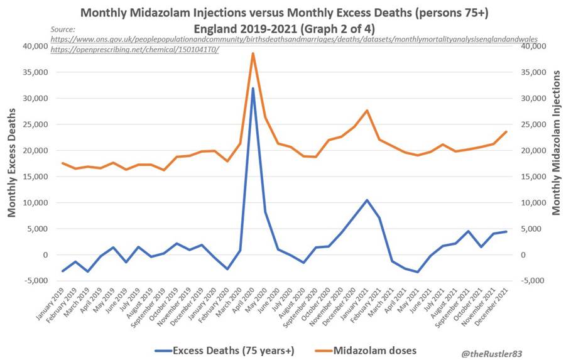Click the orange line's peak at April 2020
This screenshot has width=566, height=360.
pyautogui.click(x=253, y=53)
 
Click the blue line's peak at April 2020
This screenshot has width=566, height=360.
pyautogui.click(x=253, y=88)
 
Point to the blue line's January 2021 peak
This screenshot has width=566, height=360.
pyautogui.click(x=367, y=200)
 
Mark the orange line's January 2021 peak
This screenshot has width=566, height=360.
pyautogui.click(x=367, y=111)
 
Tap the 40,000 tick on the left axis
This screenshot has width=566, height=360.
pyautogui.click(x=38, y=46)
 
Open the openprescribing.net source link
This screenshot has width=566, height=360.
pyautogui.click(x=134, y=49)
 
